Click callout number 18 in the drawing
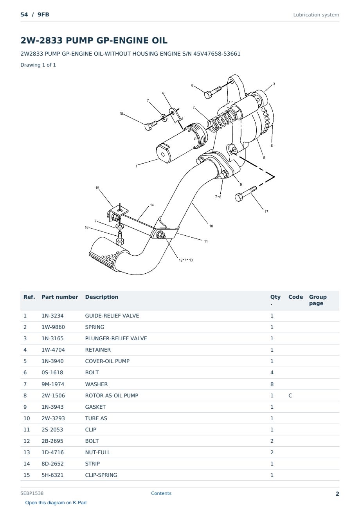click(x=121, y=114)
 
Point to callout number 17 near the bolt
click(x=266, y=211)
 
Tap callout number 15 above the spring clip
click(x=97, y=188)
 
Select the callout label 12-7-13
click(x=186, y=260)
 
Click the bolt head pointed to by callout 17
click(x=238, y=197)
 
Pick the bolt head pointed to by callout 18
click(x=148, y=127)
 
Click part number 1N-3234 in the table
click(x=52, y=316)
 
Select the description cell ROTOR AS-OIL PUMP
click(x=112, y=395)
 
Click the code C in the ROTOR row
click(x=290, y=395)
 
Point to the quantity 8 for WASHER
click(x=272, y=384)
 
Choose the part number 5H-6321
click(x=52, y=475)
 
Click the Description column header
click(x=102, y=297)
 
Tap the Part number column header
click(x=60, y=297)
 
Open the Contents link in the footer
click(x=161, y=493)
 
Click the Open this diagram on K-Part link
click(x=56, y=503)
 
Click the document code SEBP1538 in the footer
click(x=32, y=493)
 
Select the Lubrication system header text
click(x=316, y=15)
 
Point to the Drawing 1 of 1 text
click(x=38, y=65)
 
